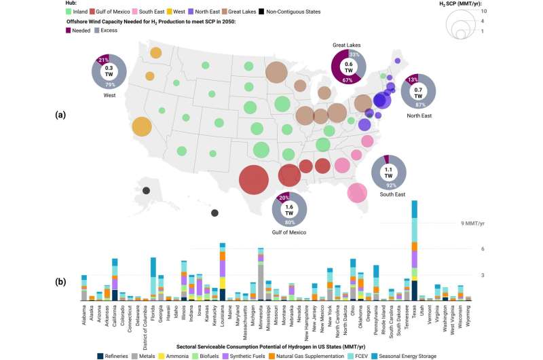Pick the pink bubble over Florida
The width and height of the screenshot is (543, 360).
(358, 192)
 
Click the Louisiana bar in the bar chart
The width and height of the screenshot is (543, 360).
(222, 272)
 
